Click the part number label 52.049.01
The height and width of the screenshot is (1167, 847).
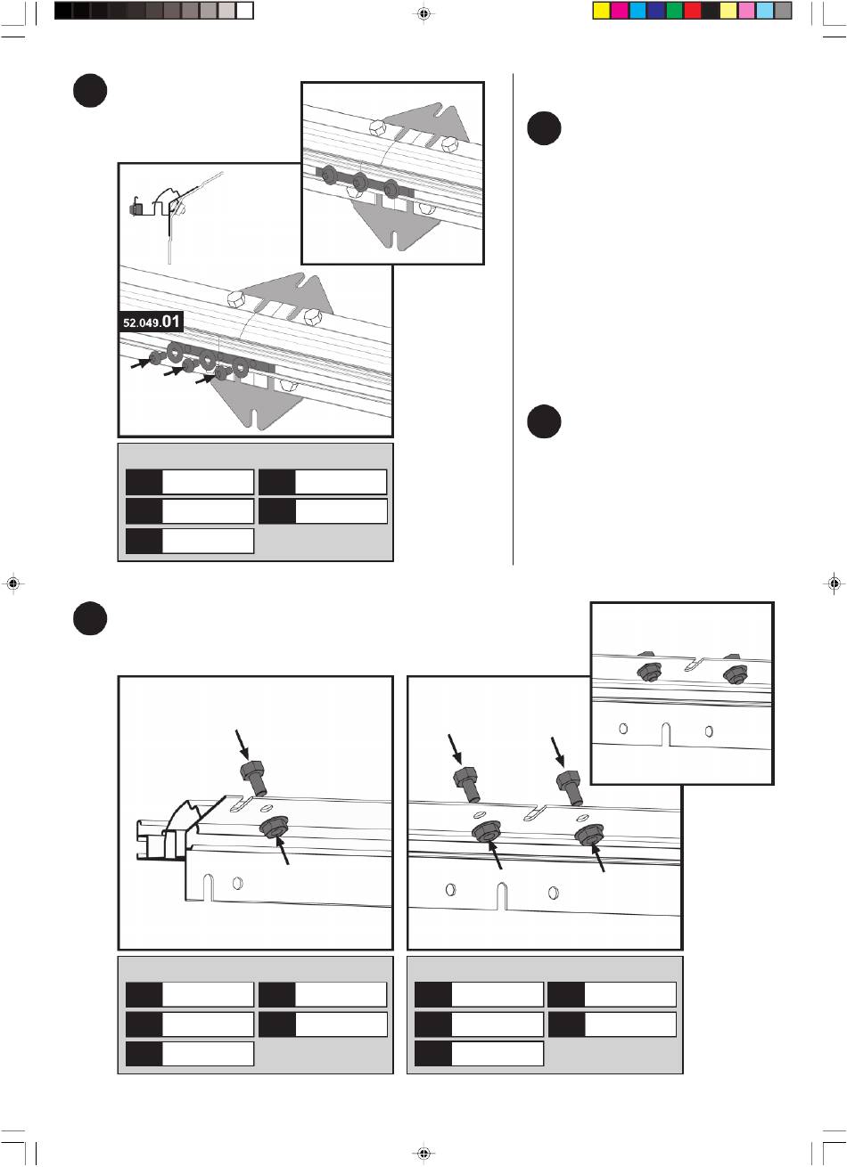151,322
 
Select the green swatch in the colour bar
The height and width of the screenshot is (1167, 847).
674,11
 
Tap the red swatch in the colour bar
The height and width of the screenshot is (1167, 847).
693,11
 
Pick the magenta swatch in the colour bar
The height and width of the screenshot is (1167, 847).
620,11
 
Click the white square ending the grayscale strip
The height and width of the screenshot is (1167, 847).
244,11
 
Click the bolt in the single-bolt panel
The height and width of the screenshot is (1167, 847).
253,779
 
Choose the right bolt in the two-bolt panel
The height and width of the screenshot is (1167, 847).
570,787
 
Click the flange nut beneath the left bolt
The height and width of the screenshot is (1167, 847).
486,831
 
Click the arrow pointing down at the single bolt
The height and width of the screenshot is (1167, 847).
243,745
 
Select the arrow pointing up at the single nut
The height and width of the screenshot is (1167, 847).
282,850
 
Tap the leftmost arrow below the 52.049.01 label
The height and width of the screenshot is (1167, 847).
140,363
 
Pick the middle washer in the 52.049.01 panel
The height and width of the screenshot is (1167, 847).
208,360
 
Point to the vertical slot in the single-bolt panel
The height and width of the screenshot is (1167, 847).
208,887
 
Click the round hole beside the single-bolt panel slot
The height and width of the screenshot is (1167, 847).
237,883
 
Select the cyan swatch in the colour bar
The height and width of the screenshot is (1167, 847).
637,11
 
